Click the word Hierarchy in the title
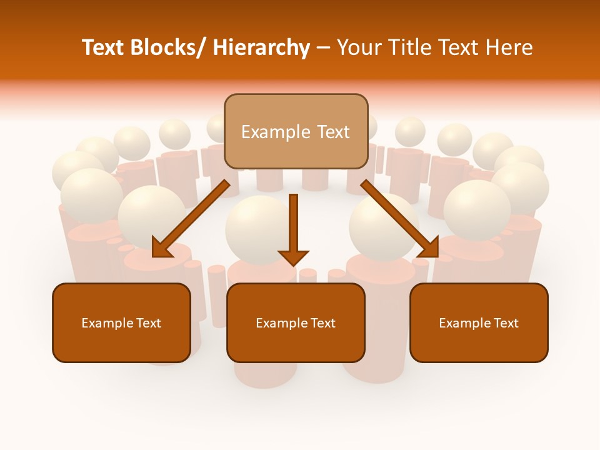point(261,47)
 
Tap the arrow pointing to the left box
point(191,219)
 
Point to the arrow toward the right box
point(400,219)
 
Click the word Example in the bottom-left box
point(105,323)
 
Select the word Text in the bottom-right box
point(505,323)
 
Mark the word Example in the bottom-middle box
point(279,323)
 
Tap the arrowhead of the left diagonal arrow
point(161,248)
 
